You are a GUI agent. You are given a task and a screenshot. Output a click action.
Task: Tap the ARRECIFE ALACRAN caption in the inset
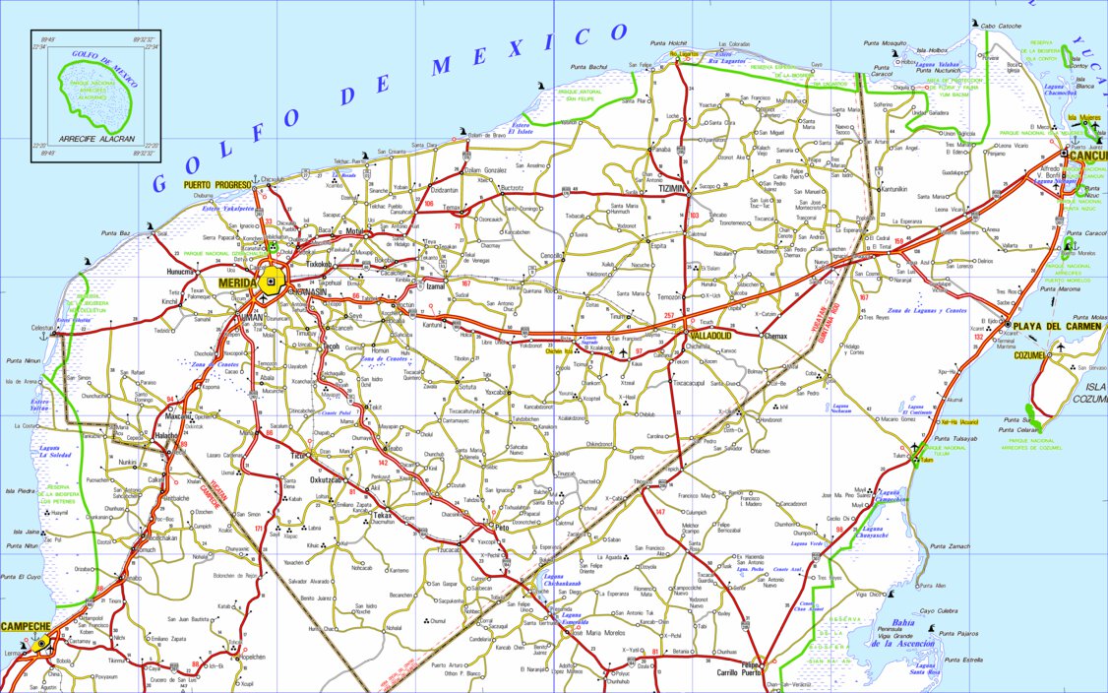click(x=93, y=138)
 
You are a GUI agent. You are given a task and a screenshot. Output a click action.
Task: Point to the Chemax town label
click(x=775, y=336)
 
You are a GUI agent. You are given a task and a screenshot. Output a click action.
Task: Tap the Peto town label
click(x=500, y=528)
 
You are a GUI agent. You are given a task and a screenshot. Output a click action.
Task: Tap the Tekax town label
click(x=382, y=515)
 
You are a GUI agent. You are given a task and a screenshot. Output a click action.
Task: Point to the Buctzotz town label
click(x=512, y=187)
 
